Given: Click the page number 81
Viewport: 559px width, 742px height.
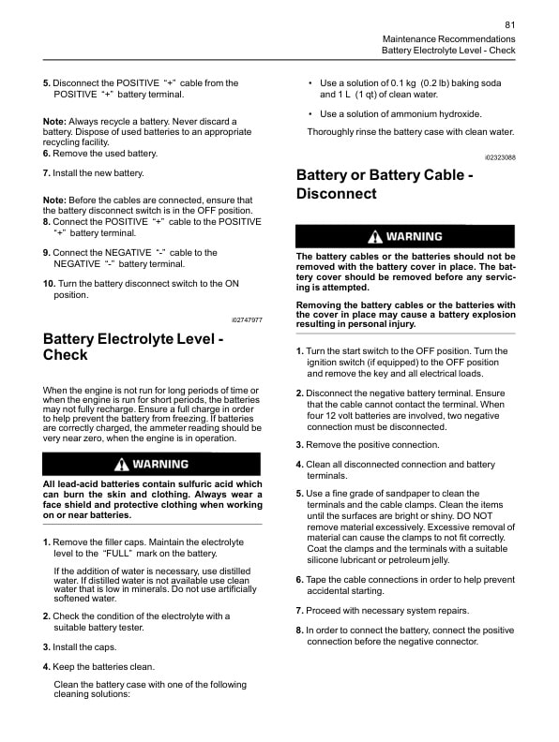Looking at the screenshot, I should click(x=509, y=24).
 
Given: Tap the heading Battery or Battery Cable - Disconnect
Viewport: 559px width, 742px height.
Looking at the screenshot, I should click(x=385, y=185).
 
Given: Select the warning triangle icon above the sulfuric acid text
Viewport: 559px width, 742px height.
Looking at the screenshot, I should click(x=121, y=465).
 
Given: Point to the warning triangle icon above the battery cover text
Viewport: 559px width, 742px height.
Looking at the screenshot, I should click(x=374, y=237).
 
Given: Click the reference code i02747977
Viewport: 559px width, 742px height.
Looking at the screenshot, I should click(x=246, y=319).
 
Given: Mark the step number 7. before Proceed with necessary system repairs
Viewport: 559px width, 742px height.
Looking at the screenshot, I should click(x=299, y=611).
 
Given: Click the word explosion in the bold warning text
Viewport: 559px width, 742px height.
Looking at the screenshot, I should click(x=489, y=315).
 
